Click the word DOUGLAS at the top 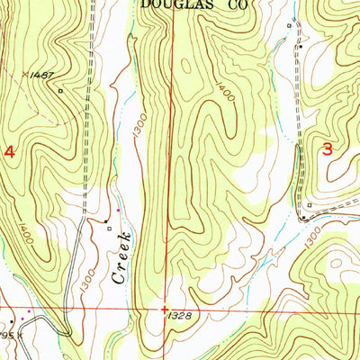tap(168, 4)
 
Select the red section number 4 tap(10, 153)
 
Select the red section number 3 tap(328, 149)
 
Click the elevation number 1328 tap(178, 315)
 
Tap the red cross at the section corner tap(164, 308)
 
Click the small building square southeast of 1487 tap(60, 91)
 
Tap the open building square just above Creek tap(108, 227)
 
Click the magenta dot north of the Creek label tap(116, 211)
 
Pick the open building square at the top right tap(289, 25)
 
